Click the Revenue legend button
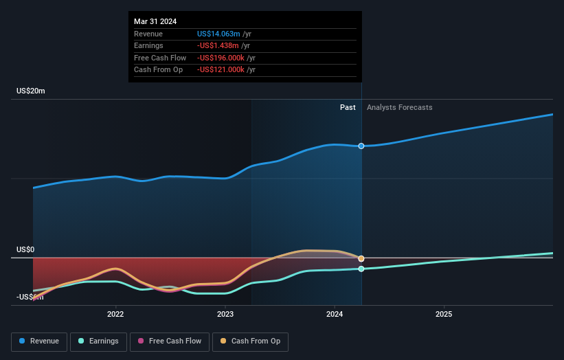click(40, 341)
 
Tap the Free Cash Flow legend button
click(169, 341)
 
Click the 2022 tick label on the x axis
click(115, 315)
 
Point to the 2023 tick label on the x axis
click(225, 315)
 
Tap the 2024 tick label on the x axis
click(335, 315)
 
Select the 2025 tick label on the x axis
click(444, 315)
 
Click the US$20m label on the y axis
click(31, 91)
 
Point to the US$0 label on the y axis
click(25, 249)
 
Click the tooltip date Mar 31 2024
click(155, 21)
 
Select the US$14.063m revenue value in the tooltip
click(218, 34)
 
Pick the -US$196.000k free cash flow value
click(221, 58)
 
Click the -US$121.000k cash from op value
click(221, 69)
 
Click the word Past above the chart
click(348, 107)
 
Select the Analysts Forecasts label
click(400, 107)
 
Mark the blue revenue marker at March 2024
click(361, 146)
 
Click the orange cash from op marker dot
click(361, 258)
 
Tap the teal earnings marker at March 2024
click(361, 269)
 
